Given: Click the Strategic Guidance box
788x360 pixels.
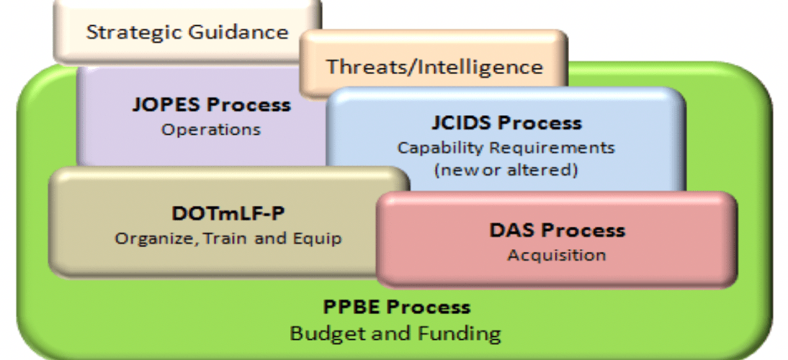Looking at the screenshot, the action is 187,32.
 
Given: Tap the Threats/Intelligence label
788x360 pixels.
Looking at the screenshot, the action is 435,66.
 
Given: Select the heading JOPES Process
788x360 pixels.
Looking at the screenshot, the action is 212,105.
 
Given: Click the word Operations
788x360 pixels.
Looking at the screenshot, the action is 211,130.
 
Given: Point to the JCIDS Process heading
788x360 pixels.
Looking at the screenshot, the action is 506,123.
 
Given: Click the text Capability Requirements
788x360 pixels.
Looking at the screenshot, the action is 506,148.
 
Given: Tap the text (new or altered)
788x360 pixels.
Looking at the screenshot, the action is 506,170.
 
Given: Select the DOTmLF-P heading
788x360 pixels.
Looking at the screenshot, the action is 228,214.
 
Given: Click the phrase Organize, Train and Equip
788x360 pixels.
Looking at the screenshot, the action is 228,238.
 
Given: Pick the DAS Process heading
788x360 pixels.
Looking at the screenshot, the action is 558,230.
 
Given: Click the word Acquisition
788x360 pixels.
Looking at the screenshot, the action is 557,255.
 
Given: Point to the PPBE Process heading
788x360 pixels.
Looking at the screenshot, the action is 396,307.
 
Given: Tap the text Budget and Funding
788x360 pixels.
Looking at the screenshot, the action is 396,333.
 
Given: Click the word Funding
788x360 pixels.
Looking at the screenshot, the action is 463,333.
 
